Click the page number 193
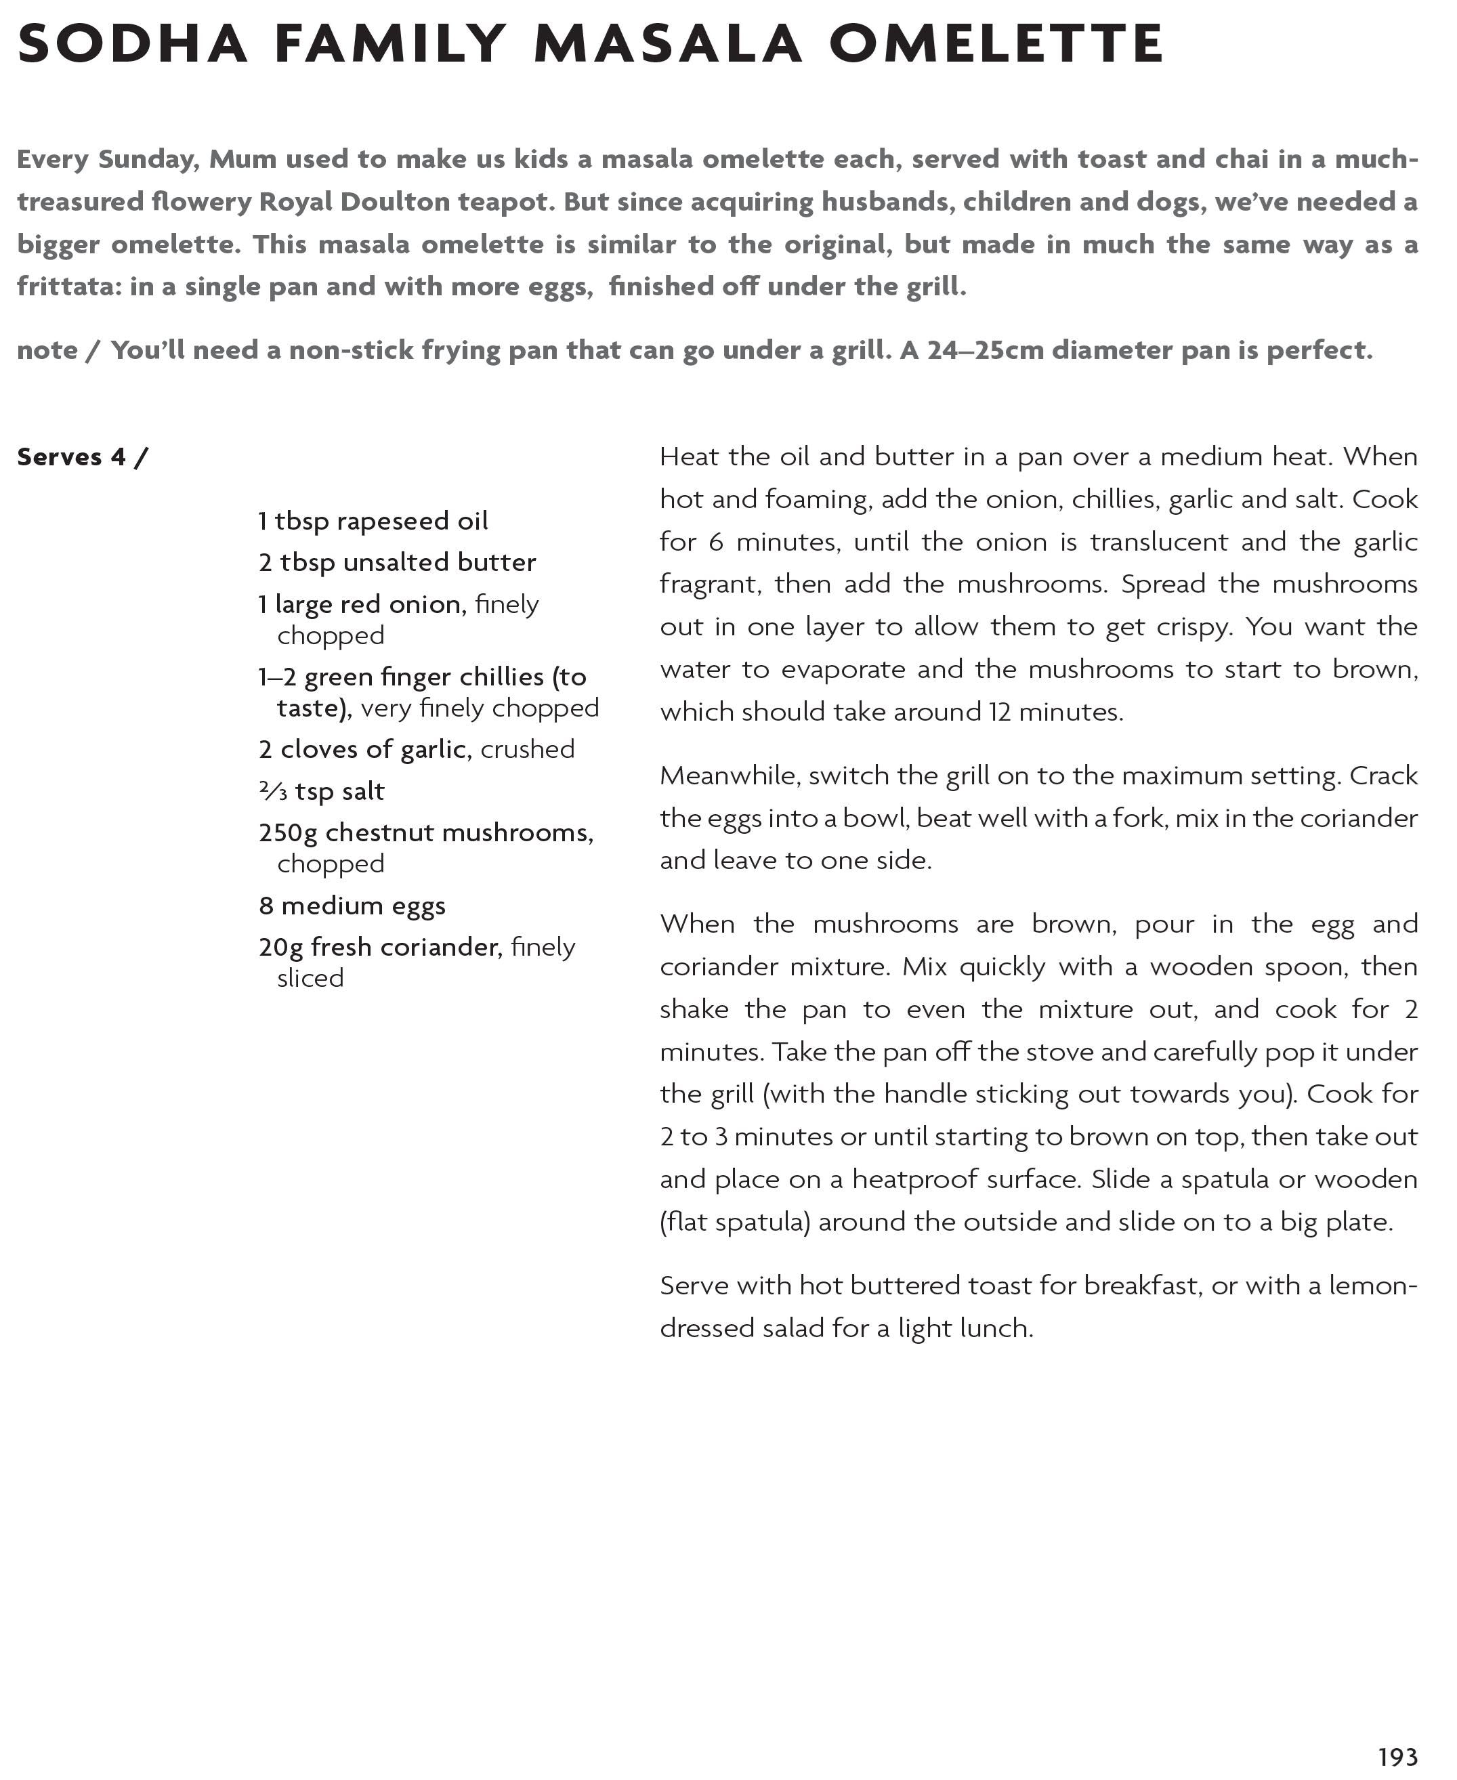click(1397, 1756)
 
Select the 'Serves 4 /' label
click(82, 457)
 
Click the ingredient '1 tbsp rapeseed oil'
click(373, 521)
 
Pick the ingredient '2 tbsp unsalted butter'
click(397, 562)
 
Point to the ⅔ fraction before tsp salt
click(273, 790)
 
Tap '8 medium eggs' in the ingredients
click(352, 906)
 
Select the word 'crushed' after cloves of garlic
click(527, 749)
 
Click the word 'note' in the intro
click(47, 351)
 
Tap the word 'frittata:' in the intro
click(70, 287)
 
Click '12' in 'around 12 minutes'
click(1000, 712)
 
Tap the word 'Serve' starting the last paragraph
click(694, 1286)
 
